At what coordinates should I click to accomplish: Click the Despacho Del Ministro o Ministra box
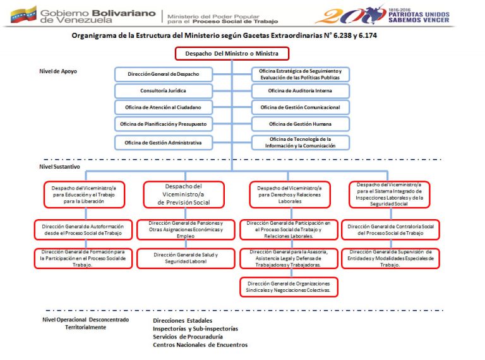(231, 54)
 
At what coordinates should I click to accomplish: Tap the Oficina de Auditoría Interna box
(301, 90)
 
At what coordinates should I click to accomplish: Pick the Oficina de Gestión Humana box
(301, 124)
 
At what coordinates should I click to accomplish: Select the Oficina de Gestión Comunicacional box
(301, 107)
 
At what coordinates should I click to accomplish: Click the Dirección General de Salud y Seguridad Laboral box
(186, 258)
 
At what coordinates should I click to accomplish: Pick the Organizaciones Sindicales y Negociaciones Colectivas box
(289, 287)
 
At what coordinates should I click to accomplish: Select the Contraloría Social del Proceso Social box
(394, 229)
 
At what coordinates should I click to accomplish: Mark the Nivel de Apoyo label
(58, 71)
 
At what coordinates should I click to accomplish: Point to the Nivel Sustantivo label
(59, 167)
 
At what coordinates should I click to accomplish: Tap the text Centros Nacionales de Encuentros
(200, 345)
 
